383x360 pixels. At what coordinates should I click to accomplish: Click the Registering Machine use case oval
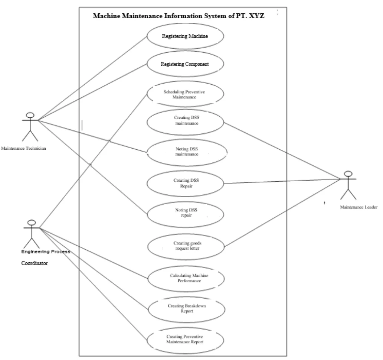coord(185,36)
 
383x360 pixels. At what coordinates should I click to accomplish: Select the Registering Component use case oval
coord(185,64)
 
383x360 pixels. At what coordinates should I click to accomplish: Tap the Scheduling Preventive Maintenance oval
coord(185,94)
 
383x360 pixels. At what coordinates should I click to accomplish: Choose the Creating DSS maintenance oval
coord(185,120)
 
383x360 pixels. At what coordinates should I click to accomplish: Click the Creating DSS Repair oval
coord(185,183)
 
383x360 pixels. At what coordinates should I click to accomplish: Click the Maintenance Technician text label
coord(23,149)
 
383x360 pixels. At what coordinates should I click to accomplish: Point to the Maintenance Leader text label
coord(359,207)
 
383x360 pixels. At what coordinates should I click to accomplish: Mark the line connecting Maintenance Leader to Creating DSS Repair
coord(282,181)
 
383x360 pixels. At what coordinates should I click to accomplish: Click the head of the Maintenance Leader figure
coord(348,173)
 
